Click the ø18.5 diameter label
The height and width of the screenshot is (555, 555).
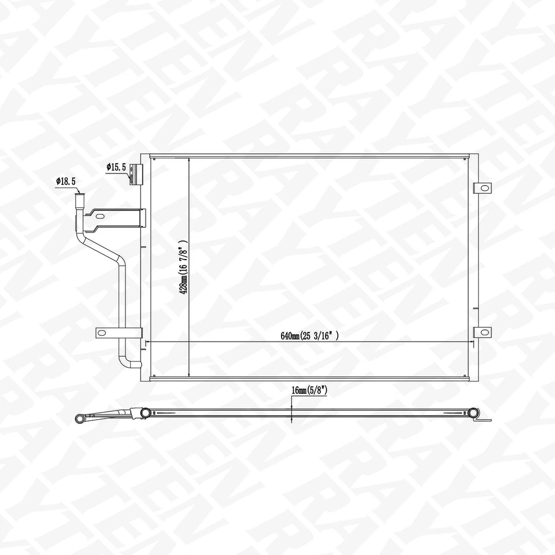point(66,181)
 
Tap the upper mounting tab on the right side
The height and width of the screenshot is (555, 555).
point(482,188)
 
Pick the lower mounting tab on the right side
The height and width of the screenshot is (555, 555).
point(482,332)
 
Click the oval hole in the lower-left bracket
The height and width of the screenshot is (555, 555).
point(103,332)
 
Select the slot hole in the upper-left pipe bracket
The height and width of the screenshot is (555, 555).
point(100,217)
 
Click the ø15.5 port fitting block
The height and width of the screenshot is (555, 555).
point(135,174)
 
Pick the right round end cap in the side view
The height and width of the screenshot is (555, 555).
point(473,413)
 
